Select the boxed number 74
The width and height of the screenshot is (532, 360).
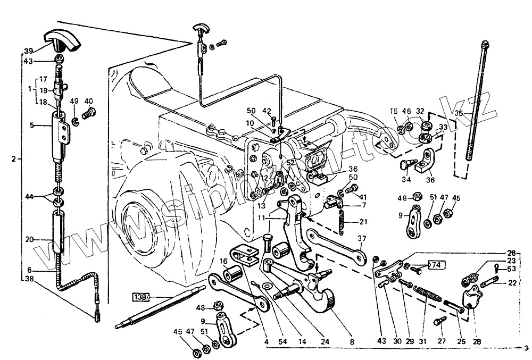[x=435, y=264]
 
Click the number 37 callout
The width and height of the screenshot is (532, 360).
[x=362, y=238]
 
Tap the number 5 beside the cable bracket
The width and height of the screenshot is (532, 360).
[x=31, y=125]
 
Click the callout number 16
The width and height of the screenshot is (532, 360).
[x=224, y=261]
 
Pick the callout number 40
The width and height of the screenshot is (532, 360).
[x=88, y=101]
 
